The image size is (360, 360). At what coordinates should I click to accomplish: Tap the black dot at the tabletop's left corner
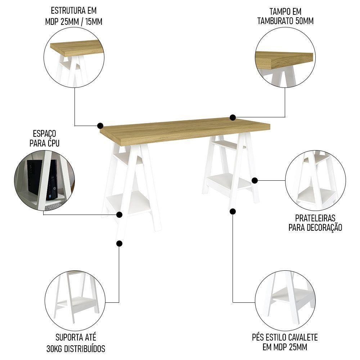pos(100,126)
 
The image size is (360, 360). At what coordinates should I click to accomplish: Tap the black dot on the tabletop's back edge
pos(233,117)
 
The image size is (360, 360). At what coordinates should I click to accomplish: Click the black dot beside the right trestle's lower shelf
pos(255,180)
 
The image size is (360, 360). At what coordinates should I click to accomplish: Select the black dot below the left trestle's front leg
pos(120,244)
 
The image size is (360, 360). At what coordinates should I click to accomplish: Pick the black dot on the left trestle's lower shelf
pos(120,215)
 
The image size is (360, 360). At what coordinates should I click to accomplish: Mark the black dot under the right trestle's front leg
pos(233,211)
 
